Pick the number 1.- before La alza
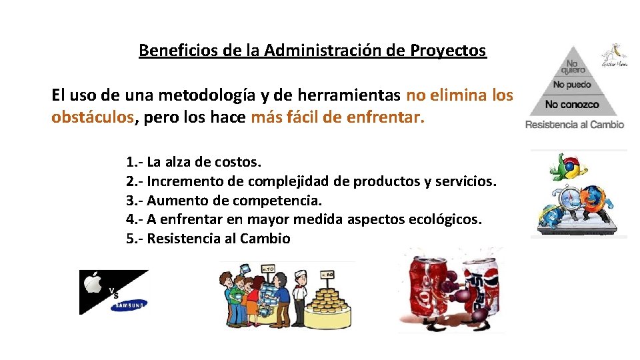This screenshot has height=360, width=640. click(x=134, y=161)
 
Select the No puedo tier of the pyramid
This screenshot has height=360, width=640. click(x=572, y=85)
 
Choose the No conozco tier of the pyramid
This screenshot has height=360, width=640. click(x=572, y=105)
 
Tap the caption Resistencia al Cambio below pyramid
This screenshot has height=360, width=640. click(x=575, y=125)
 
